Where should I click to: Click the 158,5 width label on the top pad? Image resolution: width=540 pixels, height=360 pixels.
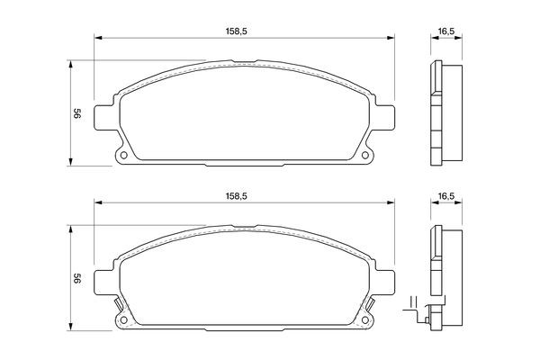[236, 31]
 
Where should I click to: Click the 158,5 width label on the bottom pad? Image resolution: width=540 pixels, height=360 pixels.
[236, 196]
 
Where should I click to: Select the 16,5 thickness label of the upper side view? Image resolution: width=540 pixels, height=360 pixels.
[446, 31]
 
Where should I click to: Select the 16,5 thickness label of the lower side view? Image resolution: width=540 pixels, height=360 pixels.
[446, 196]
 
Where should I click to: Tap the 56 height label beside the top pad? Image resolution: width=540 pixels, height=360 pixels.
[77, 113]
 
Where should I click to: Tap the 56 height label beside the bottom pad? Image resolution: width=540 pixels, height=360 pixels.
[77, 278]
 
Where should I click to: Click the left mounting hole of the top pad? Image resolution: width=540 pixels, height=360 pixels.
[124, 155]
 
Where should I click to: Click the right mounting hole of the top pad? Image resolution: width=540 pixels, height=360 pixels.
[365, 155]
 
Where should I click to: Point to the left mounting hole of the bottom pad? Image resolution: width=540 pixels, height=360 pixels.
[124, 319]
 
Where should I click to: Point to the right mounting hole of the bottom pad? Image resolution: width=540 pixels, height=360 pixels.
[365, 319]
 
